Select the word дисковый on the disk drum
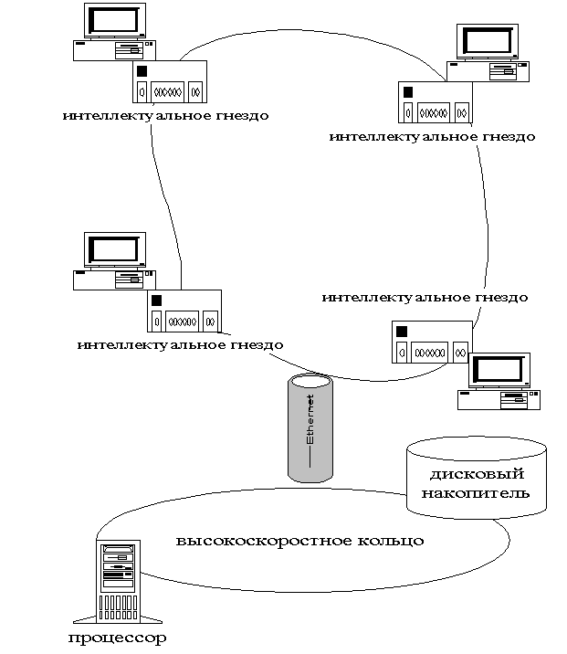[x=477, y=474]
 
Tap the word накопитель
[x=477, y=494]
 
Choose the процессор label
[x=119, y=636]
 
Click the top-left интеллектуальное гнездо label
[x=169, y=116]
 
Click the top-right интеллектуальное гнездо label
[x=435, y=137]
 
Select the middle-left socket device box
[x=185, y=311]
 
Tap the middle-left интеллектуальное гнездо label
[x=184, y=345]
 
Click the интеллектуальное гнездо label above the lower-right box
[x=425, y=298]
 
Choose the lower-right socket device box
[x=432, y=343]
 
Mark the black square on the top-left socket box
[x=142, y=70]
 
